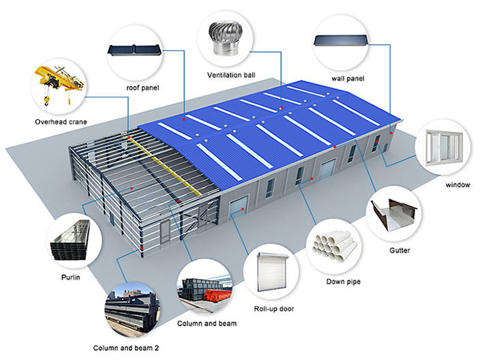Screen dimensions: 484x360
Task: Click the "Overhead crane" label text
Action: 61,122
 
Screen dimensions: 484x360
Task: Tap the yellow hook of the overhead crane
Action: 46,101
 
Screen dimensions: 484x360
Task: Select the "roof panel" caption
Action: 142,88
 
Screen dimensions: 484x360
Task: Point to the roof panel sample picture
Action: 134,50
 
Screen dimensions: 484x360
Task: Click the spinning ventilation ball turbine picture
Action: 225,39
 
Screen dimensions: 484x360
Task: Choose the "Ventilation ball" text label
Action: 231,75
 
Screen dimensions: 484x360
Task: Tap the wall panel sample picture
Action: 341,41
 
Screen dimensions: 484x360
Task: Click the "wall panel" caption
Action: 348,78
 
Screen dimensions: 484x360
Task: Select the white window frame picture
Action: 444,147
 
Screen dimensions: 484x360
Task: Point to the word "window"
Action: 458,185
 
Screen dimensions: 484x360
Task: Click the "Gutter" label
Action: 399,250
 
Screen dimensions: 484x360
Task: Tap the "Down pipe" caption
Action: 344,282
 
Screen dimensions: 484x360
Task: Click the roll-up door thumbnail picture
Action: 272,272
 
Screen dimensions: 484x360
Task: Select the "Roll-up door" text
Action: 274,309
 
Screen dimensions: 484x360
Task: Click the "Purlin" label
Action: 71,277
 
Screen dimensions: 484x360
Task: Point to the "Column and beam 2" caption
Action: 126,348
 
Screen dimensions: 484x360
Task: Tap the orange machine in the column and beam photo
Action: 217,295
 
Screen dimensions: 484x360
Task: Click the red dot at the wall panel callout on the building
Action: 391,133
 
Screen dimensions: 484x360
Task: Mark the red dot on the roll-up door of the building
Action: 243,209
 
